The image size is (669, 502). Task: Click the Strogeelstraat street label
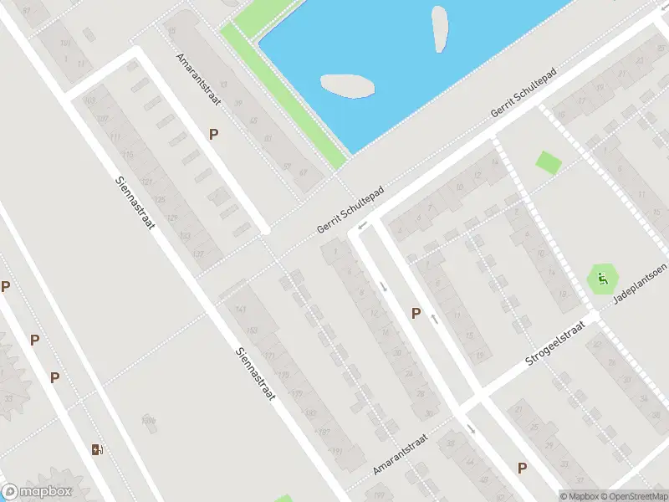click(555, 343)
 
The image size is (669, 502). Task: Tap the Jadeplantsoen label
click(639, 286)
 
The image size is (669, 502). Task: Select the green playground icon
click(601, 278)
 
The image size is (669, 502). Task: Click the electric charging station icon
click(98, 449)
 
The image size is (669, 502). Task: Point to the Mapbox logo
click(37, 492)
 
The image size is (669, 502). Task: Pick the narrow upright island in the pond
click(439, 29)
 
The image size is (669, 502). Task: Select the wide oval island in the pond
click(347, 85)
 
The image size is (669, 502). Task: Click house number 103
click(90, 101)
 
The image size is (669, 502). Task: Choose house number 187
click(324, 432)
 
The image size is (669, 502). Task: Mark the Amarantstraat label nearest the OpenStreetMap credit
click(401, 455)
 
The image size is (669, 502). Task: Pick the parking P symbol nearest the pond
click(214, 134)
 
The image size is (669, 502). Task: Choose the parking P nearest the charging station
click(55, 377)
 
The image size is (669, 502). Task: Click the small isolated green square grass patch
click(549, 162)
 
